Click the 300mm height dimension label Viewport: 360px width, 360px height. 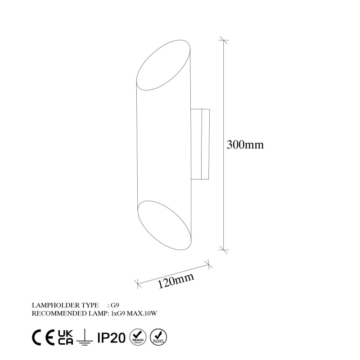click(x=245, y=145)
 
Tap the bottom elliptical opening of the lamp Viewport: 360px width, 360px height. click(x=163, y=225)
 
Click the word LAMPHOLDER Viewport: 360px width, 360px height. click(x=53, y=306)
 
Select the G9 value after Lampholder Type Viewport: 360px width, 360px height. click(x=116, y=306)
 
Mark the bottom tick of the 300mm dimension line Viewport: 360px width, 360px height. click(x=224, y=248)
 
